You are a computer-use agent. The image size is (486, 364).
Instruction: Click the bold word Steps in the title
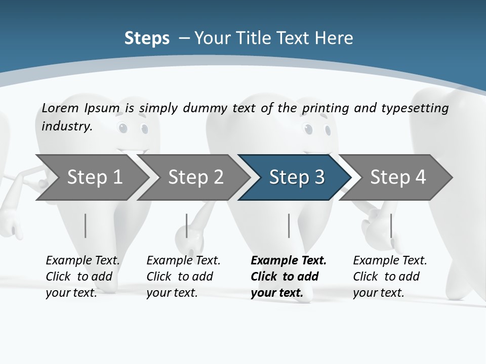pyautogui.click(x=147, y=38)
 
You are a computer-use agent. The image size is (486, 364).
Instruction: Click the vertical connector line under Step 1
pyautogui.click(x=86, y=225)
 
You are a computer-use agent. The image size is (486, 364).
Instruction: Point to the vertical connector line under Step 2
pyautogui.click(x=187, y=225)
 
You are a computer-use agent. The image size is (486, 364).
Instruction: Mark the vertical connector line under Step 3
pyautogui.click(x=289, y=225)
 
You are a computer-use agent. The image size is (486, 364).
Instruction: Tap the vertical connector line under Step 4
pyautogui.click(x=391, y=225)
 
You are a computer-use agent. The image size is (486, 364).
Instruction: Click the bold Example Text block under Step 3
pyautogui.click(x=289, y=277)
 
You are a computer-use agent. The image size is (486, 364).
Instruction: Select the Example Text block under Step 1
pyautogui.click(x=83, y=277)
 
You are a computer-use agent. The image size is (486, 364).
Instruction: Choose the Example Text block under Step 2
pyautogui.click(x=183, y=277)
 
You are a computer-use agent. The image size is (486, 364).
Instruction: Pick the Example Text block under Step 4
pyautogui.click(x=390, y=277)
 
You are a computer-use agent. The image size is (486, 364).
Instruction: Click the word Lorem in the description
pyautogui.click(x=60, y=108)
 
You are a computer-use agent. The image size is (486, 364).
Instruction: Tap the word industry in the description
pyautogui.click(x=67, y=126)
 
